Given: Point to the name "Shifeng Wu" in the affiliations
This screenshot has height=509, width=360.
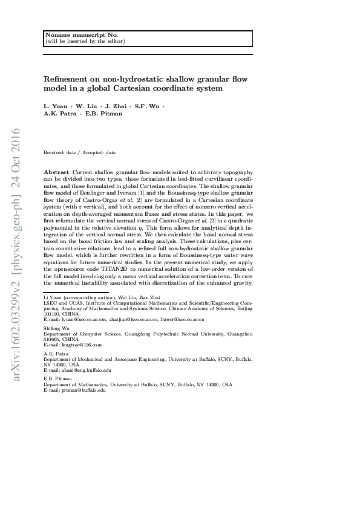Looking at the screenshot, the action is tap(56, 328).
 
